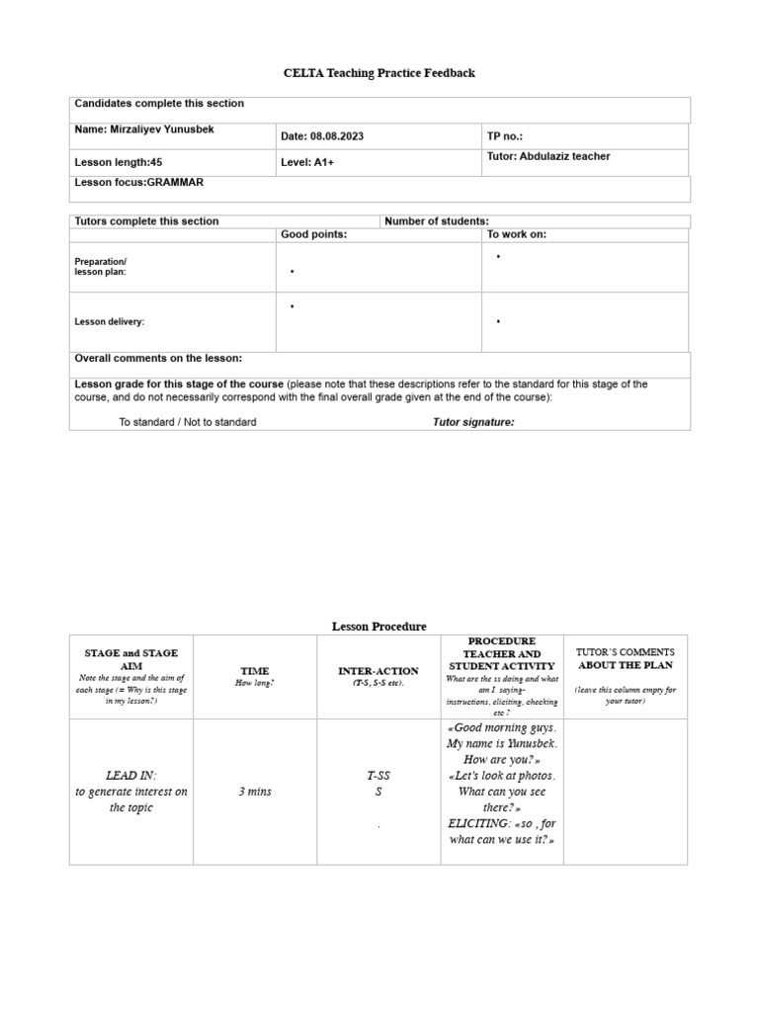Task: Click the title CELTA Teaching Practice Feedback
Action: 379,73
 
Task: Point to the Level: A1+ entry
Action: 307,162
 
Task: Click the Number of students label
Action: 436,221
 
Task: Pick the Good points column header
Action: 314,234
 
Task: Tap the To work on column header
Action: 516,234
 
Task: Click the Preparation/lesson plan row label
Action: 100,266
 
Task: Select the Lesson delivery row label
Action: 110,321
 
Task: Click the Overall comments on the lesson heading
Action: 158,358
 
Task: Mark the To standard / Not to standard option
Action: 188,422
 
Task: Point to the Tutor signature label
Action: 473,422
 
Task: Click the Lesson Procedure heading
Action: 379,627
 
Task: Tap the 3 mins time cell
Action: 254,792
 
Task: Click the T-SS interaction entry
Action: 378,777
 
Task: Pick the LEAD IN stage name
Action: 130,776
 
